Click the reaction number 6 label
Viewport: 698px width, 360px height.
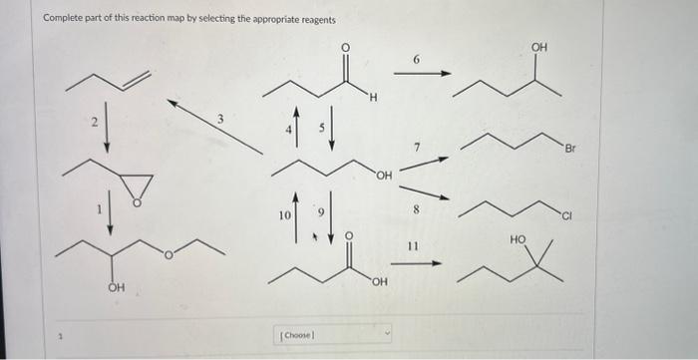click(x=416, y=61)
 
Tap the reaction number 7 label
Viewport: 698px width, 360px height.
click(x=418, y=148)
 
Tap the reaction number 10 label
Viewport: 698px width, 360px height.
click(x=283, y=214)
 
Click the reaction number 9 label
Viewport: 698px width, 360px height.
click(x=321, y=212)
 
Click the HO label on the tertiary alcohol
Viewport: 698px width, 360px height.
click(x=517, y=239)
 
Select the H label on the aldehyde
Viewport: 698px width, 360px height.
click(x=371, y=97)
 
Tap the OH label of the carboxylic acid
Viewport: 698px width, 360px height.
click(x=378, y=282)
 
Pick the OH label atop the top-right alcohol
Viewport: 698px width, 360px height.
click(x=539, y=47)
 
